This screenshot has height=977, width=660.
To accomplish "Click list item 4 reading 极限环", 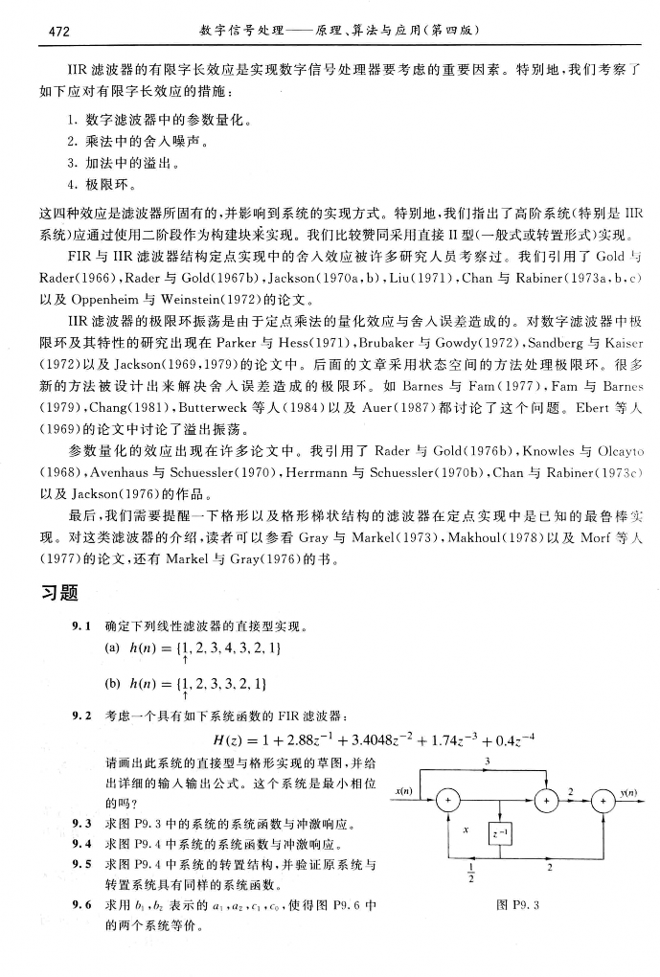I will tap(120, 182).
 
